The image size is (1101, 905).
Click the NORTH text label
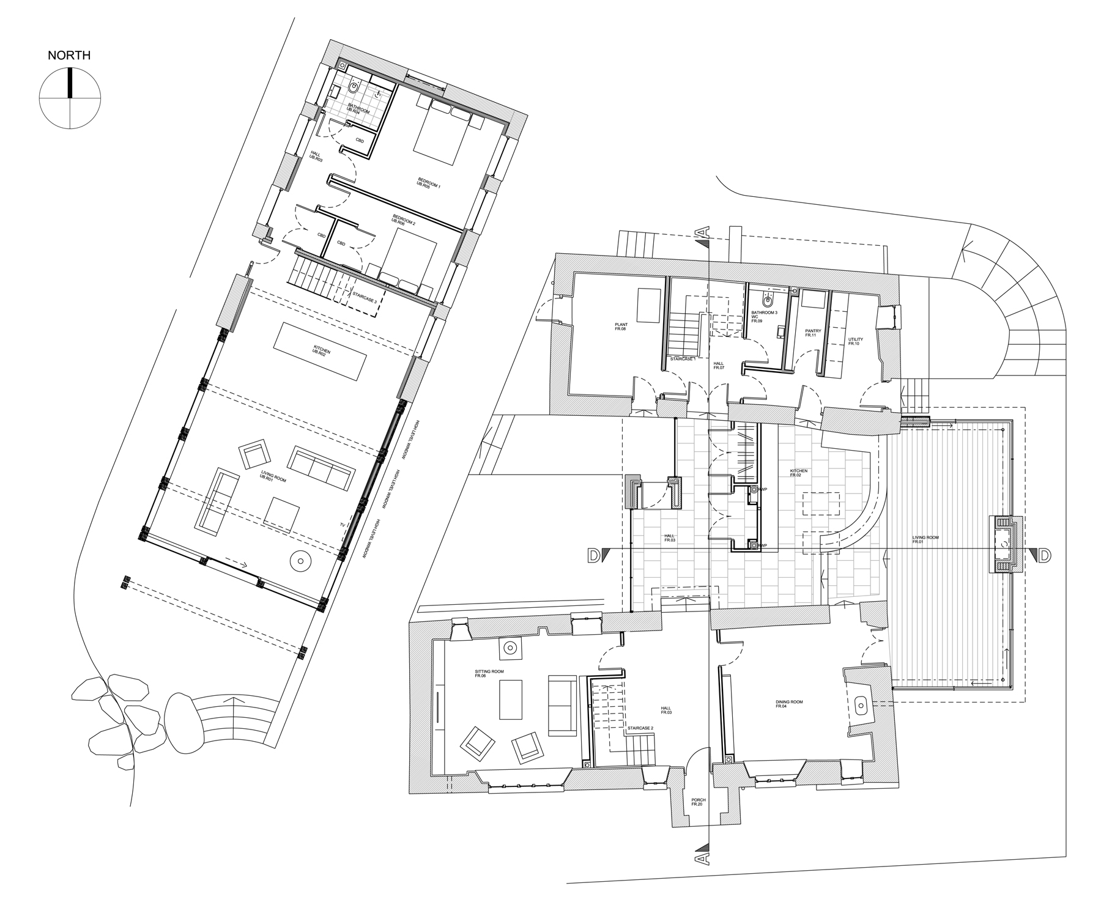[69, 56]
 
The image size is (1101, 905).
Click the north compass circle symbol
[70, 98]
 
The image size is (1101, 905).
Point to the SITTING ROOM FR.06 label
[489, 674]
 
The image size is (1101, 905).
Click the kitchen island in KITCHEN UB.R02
[320, 352]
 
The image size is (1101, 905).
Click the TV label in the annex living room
[343, 525]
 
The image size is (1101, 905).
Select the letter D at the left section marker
[592, 555]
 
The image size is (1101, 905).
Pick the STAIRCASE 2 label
[640, 729]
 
